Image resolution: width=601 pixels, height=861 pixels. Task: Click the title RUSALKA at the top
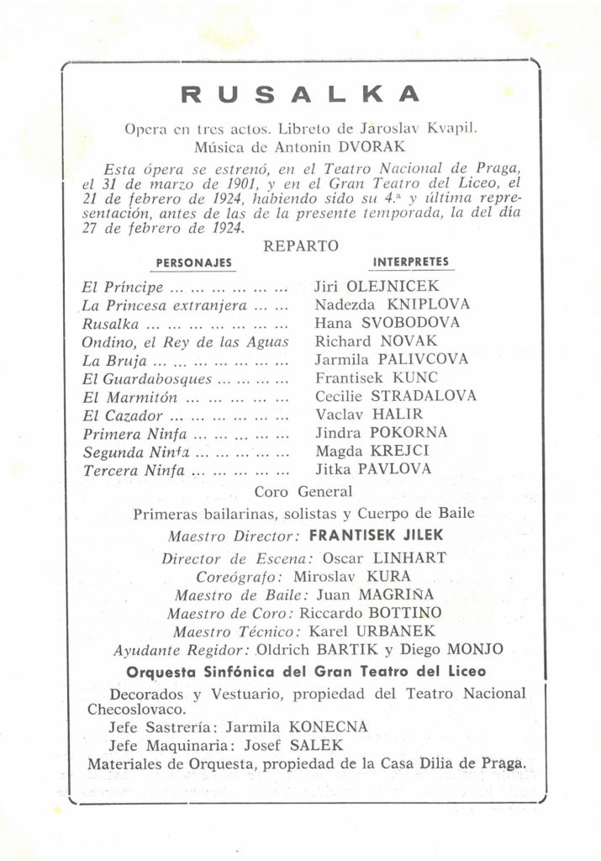pyautogui.click(x=300, y=95)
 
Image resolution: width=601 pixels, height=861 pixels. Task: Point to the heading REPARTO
pyautogui.click(x=300, y=246)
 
